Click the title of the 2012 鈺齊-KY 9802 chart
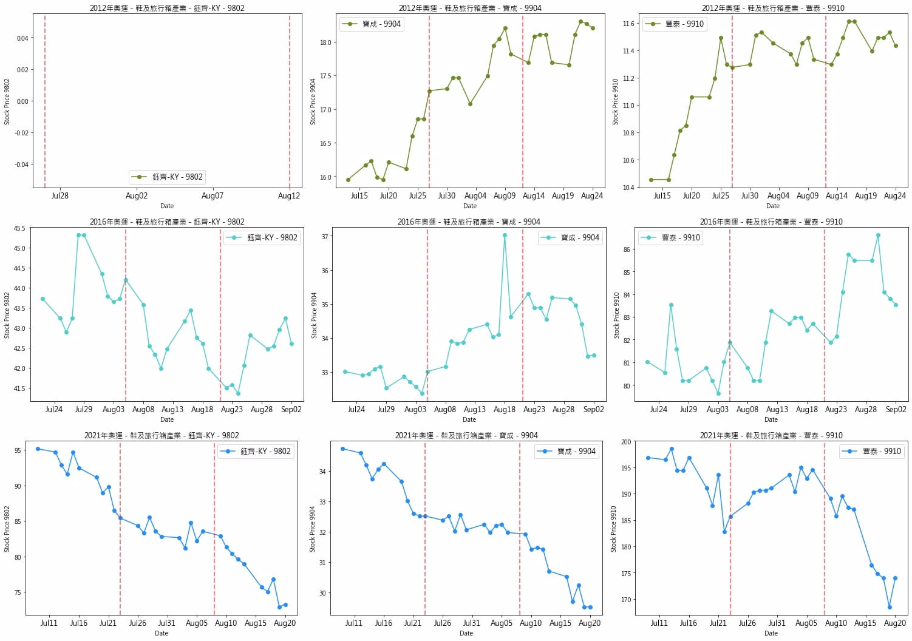coord(167,8)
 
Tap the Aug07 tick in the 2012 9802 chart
coord(213,196)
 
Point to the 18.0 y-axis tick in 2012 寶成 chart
coord(326,42)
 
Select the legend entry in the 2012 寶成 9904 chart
coord(372,24)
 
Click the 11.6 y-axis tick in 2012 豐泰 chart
coord(628,24)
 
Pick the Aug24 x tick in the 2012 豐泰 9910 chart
coord(895,196)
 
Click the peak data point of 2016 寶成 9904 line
coord(505,236)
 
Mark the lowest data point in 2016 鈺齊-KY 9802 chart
coord(238,393)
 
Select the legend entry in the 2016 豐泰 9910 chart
coord(671,237)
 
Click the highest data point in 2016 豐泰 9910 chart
coord(878,236)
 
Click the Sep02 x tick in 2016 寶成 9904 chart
coord(593,410)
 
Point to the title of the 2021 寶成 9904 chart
coord(466,435)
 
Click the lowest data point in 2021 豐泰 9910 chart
coord(890,607)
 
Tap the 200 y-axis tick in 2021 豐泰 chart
coord(626,442)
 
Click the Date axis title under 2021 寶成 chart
coord(466,633)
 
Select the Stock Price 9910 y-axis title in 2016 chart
coord(616,315)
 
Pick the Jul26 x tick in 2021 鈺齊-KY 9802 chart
coord(138,623)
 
